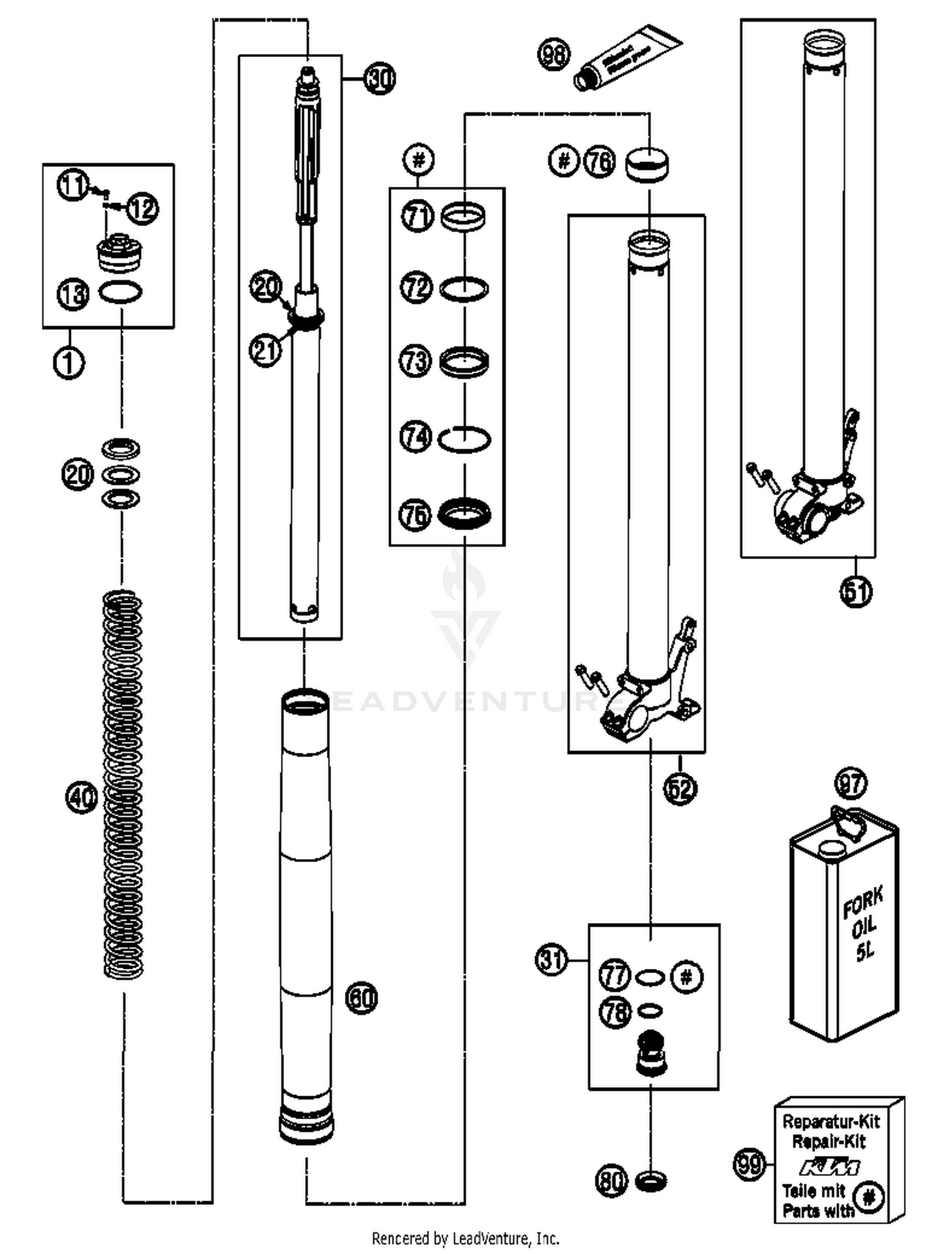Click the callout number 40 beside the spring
click(x=81, y=797)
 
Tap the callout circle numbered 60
click(x=361, y=997)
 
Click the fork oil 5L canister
click(x=843, y=925)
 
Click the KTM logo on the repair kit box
click(x=829, y=1167)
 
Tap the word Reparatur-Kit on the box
click(x=831, y=1121)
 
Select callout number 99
click(x=749, y=1163)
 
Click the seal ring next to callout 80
click(x=651, y=1180)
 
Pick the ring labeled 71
click(x=463, y=217)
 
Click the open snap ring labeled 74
click(x=464, y=439)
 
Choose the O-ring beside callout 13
click(x=121, y=291)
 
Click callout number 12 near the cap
click(x=143, y=207)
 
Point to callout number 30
click(x=379, y=79)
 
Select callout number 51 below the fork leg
click(x=856, y=591)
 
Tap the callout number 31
click(x=551, y=960)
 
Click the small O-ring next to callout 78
click(x=650, y=1011)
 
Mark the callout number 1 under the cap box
click(x=69, y=361)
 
